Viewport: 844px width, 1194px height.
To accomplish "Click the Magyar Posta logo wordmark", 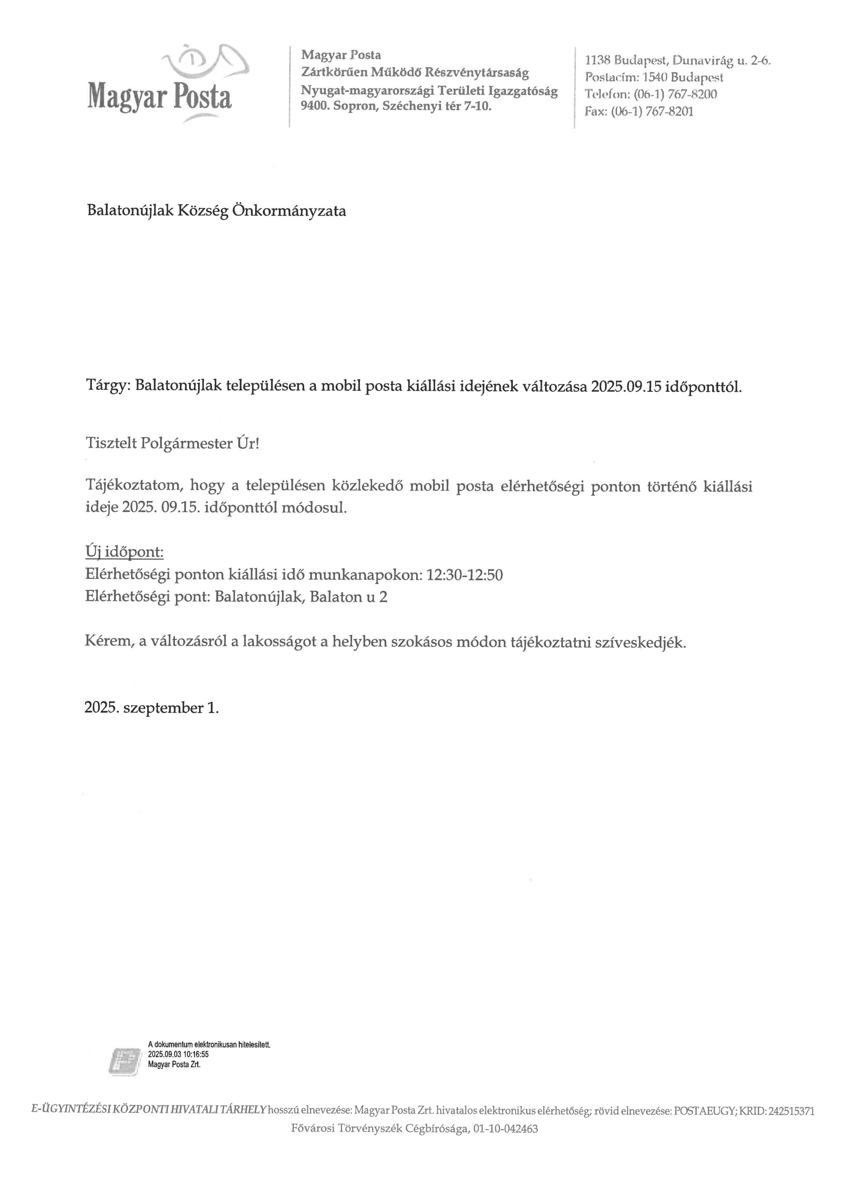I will (159, 96).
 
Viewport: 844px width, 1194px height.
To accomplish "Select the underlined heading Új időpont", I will (125, 552).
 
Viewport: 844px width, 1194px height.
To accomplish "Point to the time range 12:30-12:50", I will (464, 575).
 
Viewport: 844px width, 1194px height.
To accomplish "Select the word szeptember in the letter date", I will (163, 708).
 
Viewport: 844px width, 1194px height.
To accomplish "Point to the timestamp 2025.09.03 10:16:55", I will (179, 1054).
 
